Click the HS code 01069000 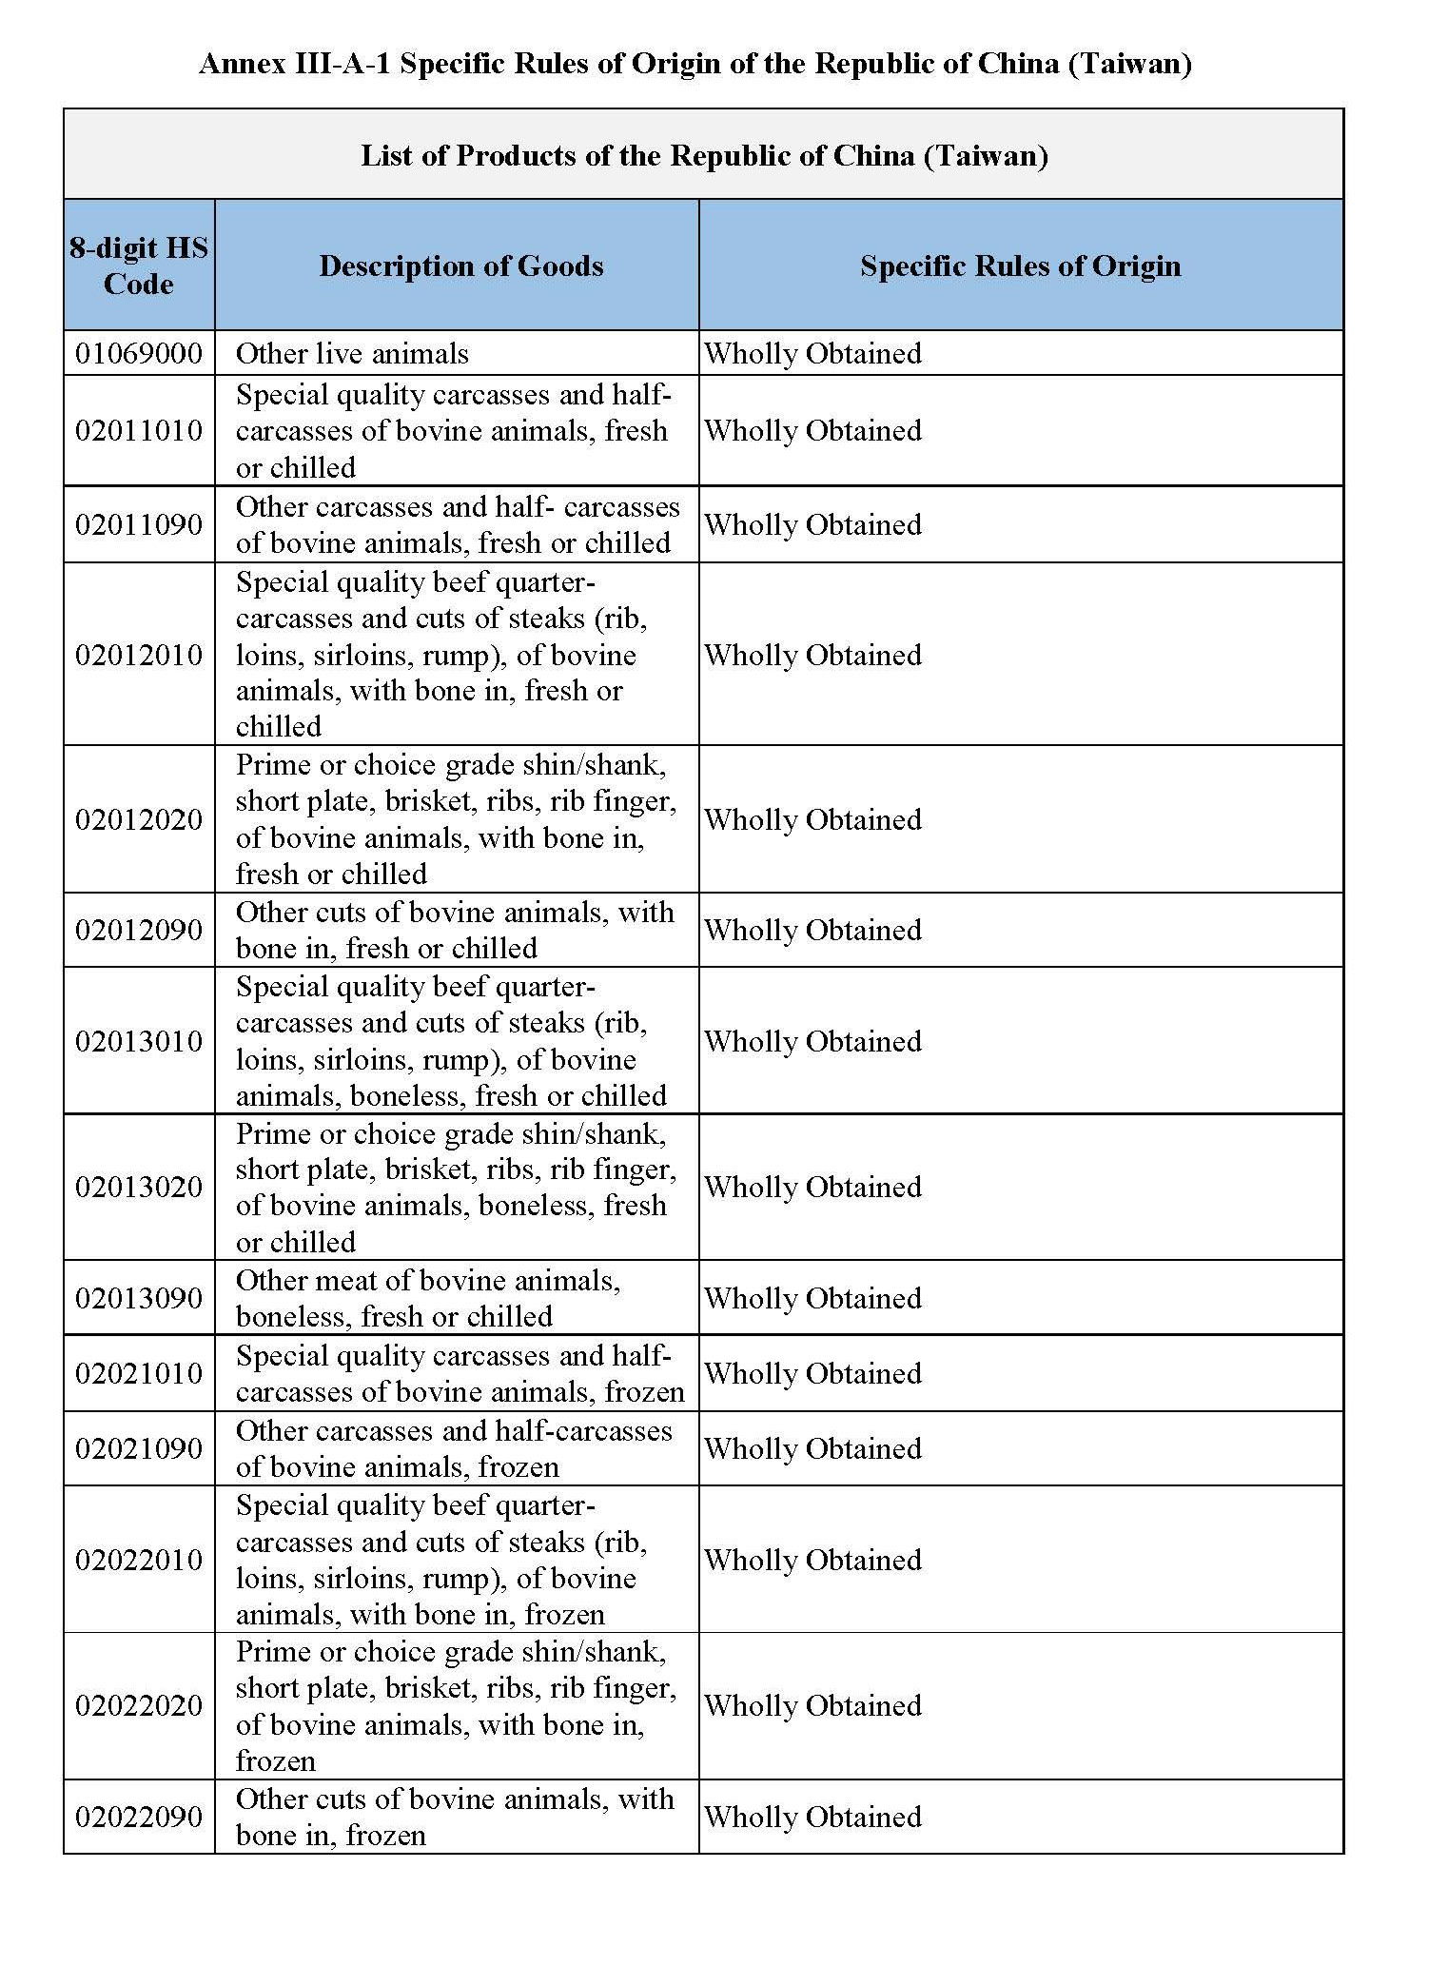coord(139,354)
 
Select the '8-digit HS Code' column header coord(139,265)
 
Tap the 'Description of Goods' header coord(461,265)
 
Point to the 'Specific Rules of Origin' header coord(1020,265)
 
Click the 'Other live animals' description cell coord(352,354)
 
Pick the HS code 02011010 coord(139,431)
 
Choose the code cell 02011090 coord(139,524)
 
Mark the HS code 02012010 coord(139,655)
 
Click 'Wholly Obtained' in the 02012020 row coord(812,819)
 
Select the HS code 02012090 coord(139,930)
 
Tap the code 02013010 coord(139,1041)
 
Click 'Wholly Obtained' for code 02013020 coord(812,1188)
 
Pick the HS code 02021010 coord(139,1373)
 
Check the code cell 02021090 coord(139,1448)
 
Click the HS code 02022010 coord(139,1560)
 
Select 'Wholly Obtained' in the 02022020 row coord(812,1705)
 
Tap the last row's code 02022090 coord(139,1817)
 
